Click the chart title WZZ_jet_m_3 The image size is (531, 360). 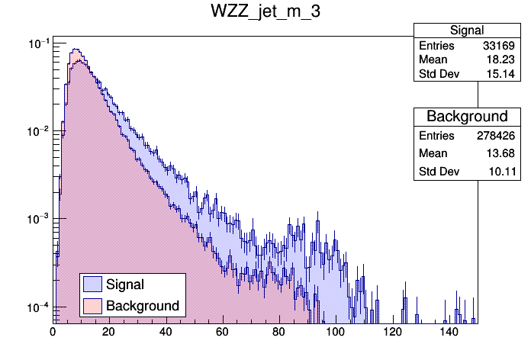pos(265,14)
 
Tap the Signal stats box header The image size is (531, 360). pos(467,31)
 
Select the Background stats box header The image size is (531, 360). pos(467,117)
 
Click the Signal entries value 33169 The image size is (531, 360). pos(500,46)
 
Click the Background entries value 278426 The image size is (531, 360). pos(497,135)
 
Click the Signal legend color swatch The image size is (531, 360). pos(92,284)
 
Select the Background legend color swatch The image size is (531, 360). pos(92,306)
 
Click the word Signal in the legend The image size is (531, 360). pos(125,284)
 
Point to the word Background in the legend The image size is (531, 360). pos(143,306)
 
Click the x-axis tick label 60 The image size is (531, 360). pos(222,332)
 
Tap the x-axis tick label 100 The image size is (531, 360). pos(335,332)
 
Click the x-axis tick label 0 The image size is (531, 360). pos(53,332)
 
